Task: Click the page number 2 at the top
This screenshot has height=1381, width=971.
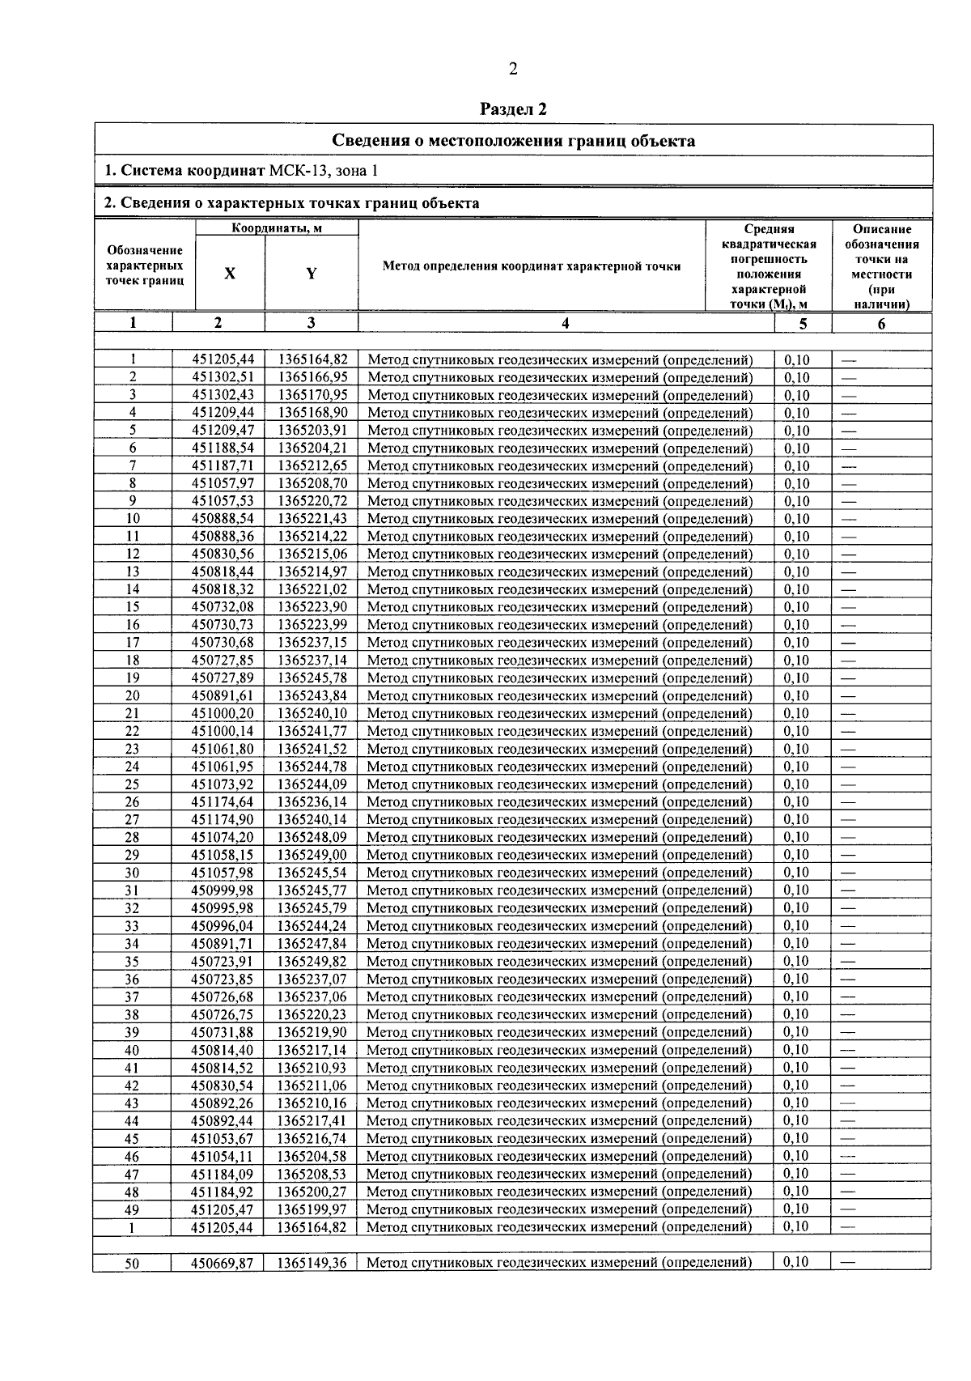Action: tap(512, 69)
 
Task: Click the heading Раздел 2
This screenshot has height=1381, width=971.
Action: tap(514, 108)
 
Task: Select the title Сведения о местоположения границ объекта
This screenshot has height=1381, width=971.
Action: tap(514, 141)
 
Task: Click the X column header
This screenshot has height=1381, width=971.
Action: tap(230, 274)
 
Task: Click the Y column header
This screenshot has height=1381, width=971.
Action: tap(311, 274)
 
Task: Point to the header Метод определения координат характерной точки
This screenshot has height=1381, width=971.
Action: tap(532, 266)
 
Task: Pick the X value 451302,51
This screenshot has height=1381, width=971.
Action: tap(223, 378)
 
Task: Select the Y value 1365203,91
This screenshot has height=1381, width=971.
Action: tap(312, 431)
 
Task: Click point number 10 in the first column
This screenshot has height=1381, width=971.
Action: tap(133, 519)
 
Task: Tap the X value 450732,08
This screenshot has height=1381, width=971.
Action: tap(223, 607)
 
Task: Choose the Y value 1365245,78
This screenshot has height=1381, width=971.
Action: tap(312, 678)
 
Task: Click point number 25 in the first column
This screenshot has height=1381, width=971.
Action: tap(133, 784)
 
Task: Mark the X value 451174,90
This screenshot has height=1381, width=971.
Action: tap(223, 819)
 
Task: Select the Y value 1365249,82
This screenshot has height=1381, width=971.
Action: tap(312, 961)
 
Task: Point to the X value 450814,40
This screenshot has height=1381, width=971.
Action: tap(223, 1050)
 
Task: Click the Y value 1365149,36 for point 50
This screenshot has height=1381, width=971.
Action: tap(312, 1263)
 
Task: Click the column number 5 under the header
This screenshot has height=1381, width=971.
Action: tap(803, 323)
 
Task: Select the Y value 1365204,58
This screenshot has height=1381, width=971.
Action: tap(312, 1156)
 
